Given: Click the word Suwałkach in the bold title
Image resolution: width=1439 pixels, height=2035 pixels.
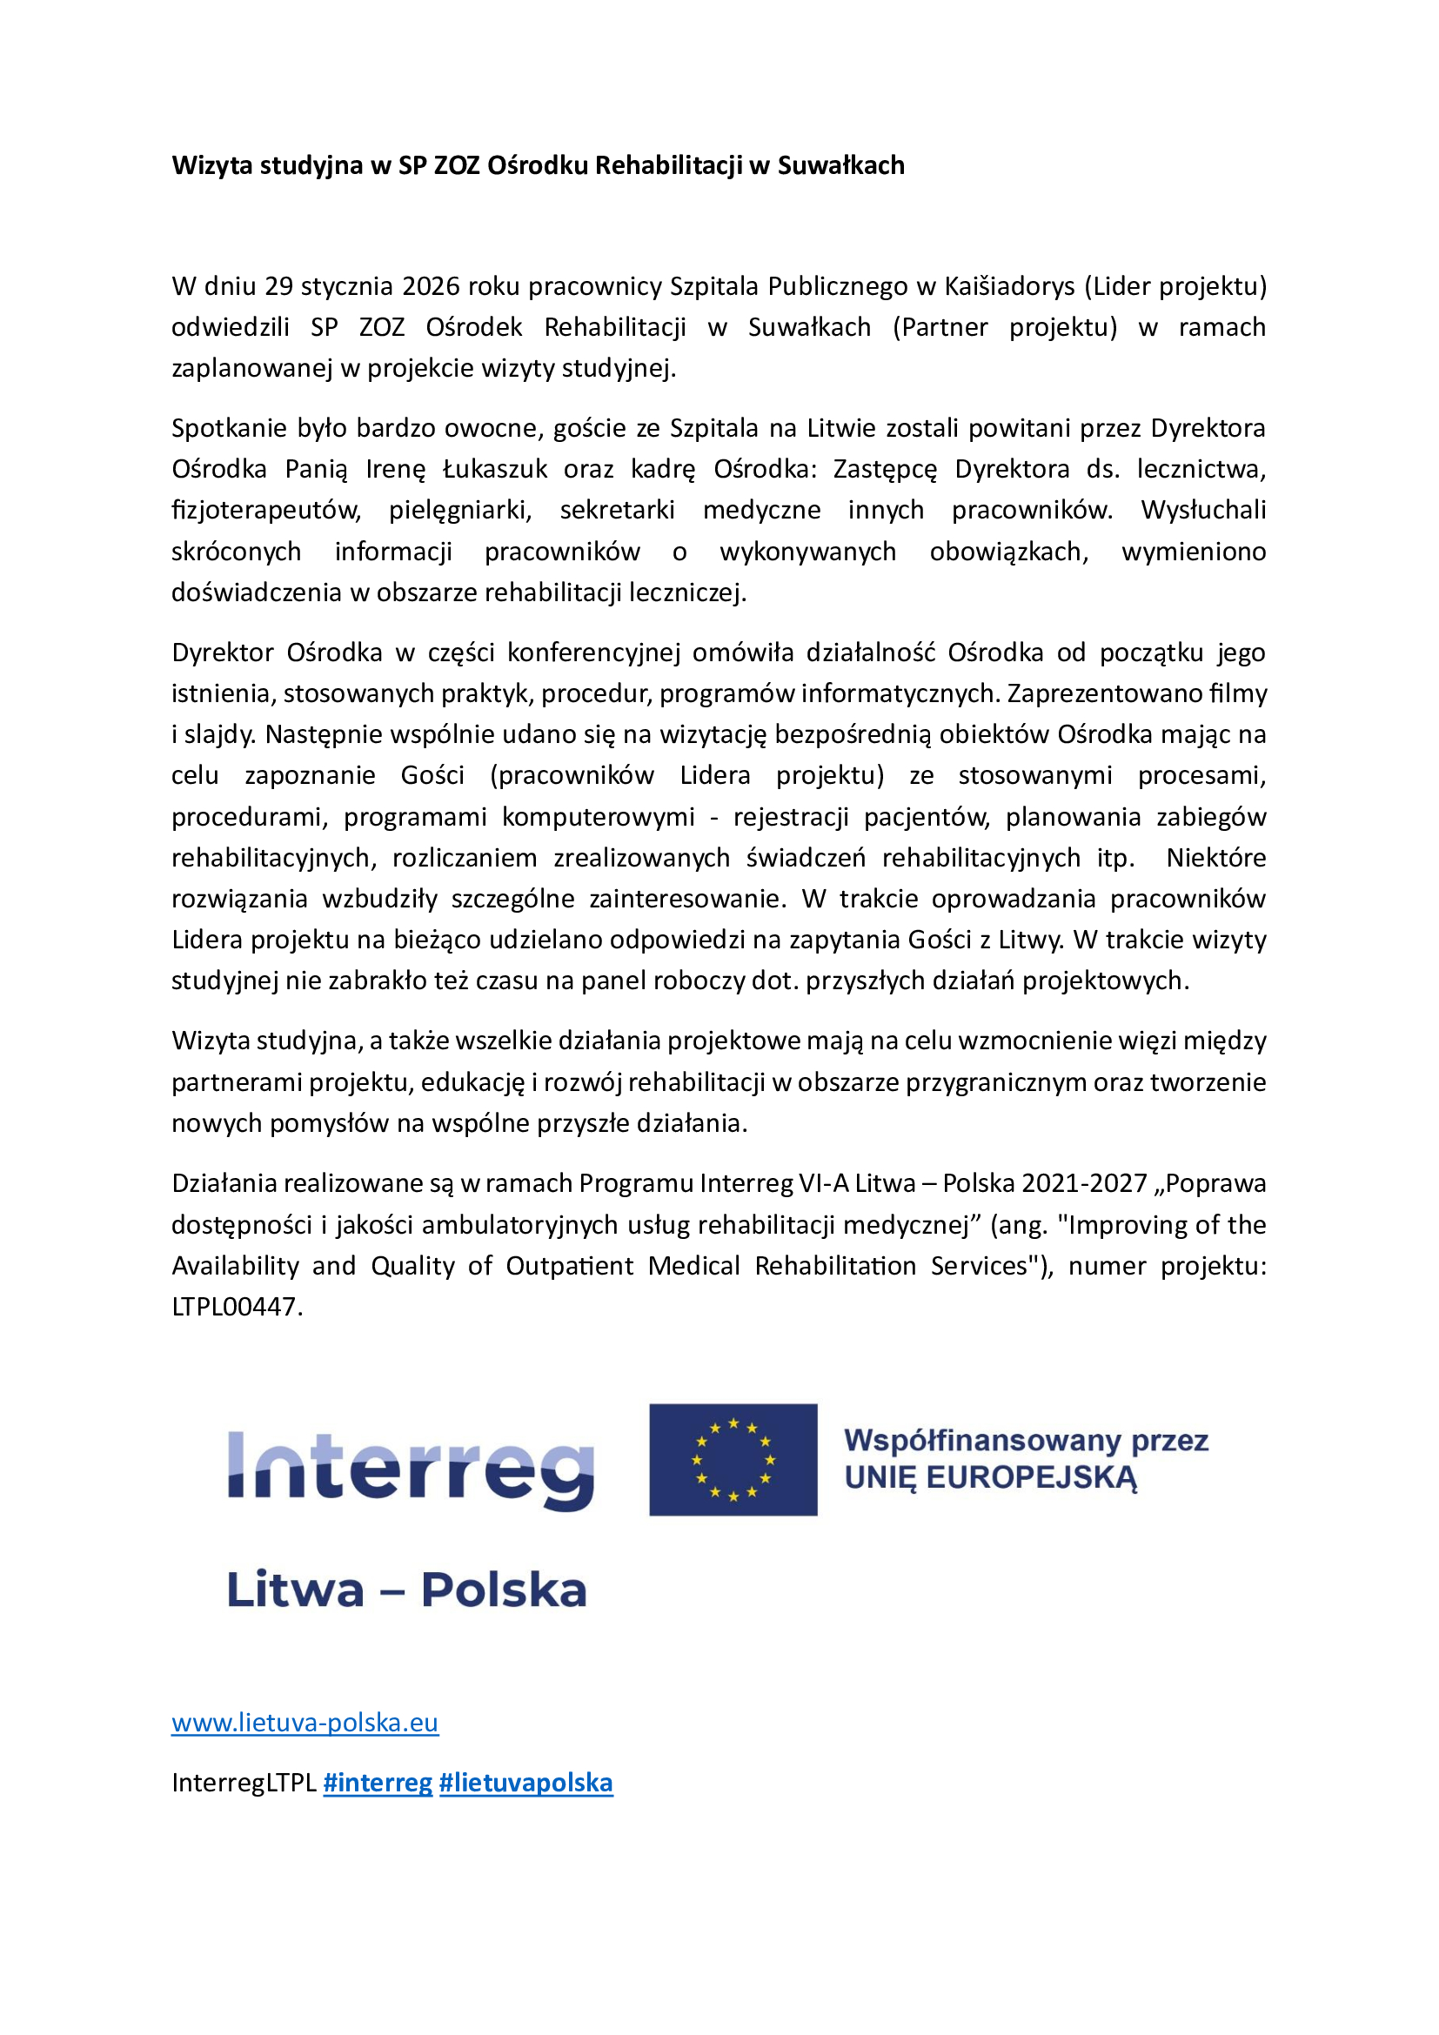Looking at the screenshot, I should [x=841, y=166].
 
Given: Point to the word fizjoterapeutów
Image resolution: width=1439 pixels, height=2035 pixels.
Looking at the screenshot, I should [x=266, y=511].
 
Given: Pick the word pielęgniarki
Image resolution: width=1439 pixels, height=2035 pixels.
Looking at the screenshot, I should [x=460, y=511].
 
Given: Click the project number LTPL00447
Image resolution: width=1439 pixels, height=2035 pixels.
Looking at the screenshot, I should [x=236, y=1307].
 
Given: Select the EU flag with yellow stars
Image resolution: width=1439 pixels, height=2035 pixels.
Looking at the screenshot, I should [x=733, y=1460].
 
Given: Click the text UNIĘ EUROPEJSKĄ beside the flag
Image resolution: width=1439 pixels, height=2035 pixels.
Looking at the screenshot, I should [x=990, y=1478].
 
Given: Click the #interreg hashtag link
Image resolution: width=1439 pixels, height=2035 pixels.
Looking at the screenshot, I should [x=378, y=1783].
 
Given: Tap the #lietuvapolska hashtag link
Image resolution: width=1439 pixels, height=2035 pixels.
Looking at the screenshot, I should [x=525, y=1783].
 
